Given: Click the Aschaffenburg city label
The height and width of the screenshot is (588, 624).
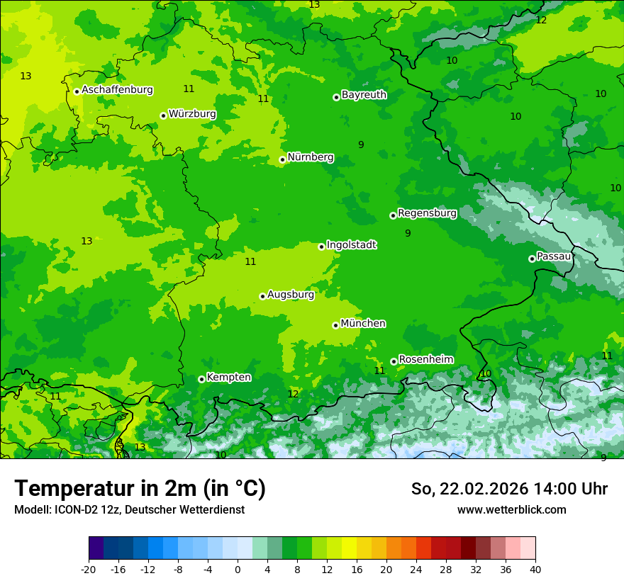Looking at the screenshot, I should tap(117, 90).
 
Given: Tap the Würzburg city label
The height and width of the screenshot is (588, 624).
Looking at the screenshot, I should tap(192, 114).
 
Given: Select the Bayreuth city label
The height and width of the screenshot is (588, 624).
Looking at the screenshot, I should tap(364, 95).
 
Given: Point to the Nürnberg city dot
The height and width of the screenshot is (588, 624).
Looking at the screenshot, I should tap(282, 159).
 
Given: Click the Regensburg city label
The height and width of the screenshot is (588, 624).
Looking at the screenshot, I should tap(427, 213).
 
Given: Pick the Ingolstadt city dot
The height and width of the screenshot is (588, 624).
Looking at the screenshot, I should tap(321, 247).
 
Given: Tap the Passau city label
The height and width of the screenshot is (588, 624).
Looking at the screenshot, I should tap(554, 256).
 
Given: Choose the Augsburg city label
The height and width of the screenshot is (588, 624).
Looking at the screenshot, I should tap(291, 295).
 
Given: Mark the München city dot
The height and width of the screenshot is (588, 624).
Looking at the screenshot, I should tap(335, 325).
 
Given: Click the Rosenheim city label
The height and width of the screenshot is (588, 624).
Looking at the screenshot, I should tap(425, 360).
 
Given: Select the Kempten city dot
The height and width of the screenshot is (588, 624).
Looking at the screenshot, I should tap(201, 379).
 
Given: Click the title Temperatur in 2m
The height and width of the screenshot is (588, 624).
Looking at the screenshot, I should tap(140, 489).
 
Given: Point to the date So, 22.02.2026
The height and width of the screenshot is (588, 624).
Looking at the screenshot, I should tap(469, 489).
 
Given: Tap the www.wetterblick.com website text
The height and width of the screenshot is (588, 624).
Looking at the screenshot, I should tap(511, 509).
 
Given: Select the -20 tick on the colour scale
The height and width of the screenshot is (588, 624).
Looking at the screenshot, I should tap(89, 570).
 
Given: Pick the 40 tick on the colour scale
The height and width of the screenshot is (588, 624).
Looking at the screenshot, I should tap(535, 570).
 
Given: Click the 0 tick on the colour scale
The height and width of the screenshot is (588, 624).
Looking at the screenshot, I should tap(238, 570).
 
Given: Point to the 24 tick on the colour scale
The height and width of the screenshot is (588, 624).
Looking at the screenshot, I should tap(416, 570).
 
